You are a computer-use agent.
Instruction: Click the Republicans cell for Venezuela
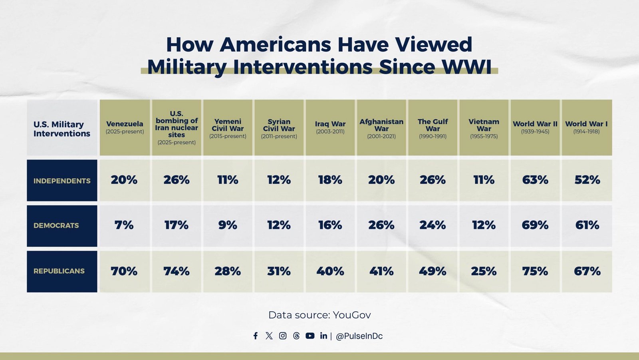click(x=124, y=271)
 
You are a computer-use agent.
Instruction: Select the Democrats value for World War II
click(x=535, y=225)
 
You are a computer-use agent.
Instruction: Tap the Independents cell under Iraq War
click(x=330, y=180)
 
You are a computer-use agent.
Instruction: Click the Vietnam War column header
click(x=484, y=128)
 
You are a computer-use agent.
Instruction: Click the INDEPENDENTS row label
click(x=62, y=181)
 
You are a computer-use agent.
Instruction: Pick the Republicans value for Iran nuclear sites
click(x=176, y=271)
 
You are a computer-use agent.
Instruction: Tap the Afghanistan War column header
click(x=381, y=128)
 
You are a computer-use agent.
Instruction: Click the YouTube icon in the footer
click(x=310, y=336)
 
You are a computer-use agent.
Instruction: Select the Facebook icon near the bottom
click(x=256, y=336)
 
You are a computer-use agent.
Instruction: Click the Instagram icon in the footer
click(x=283, y=336)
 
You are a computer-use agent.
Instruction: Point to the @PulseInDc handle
click(x=359, y=336)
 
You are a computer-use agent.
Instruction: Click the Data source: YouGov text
click(x=319, y=315)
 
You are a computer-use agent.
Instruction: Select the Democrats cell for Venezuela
click(x=124, y=225)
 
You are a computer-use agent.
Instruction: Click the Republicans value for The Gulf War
click(x=433, y=271)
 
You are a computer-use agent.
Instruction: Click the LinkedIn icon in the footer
click(x=323, y=336)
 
